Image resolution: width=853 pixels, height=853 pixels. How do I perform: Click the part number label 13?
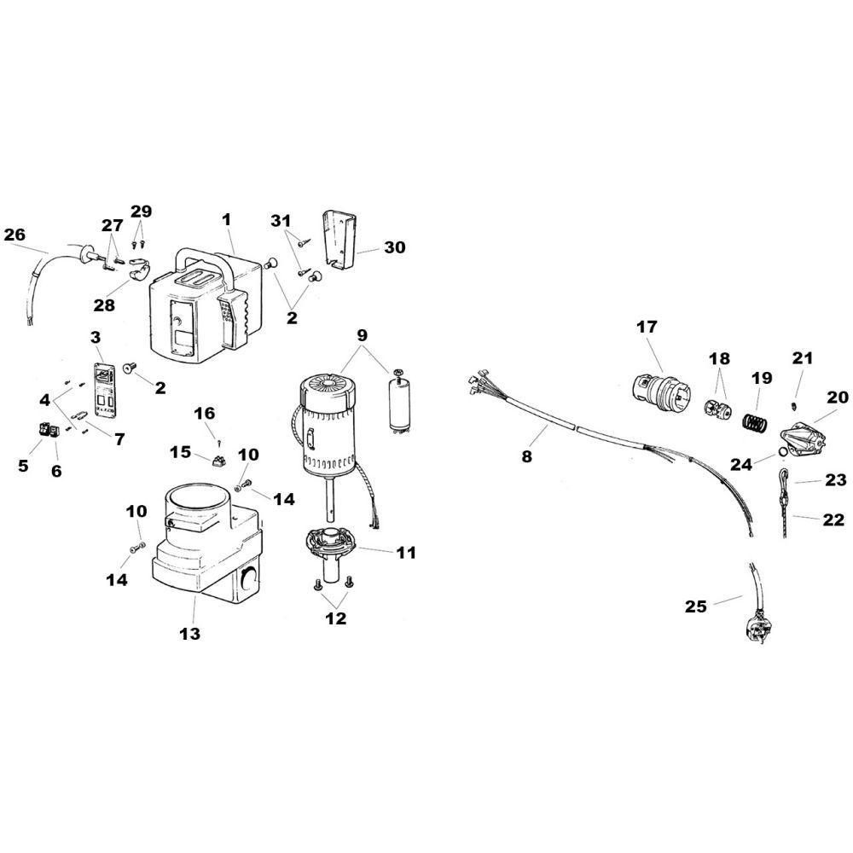(189, 635)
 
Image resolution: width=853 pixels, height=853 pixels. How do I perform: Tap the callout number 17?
(647, 326)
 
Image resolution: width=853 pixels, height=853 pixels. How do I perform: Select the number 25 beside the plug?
(696, 606)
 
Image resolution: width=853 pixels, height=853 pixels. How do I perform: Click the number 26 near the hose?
(15, 234)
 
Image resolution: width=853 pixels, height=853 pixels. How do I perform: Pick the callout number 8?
(526, 456)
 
